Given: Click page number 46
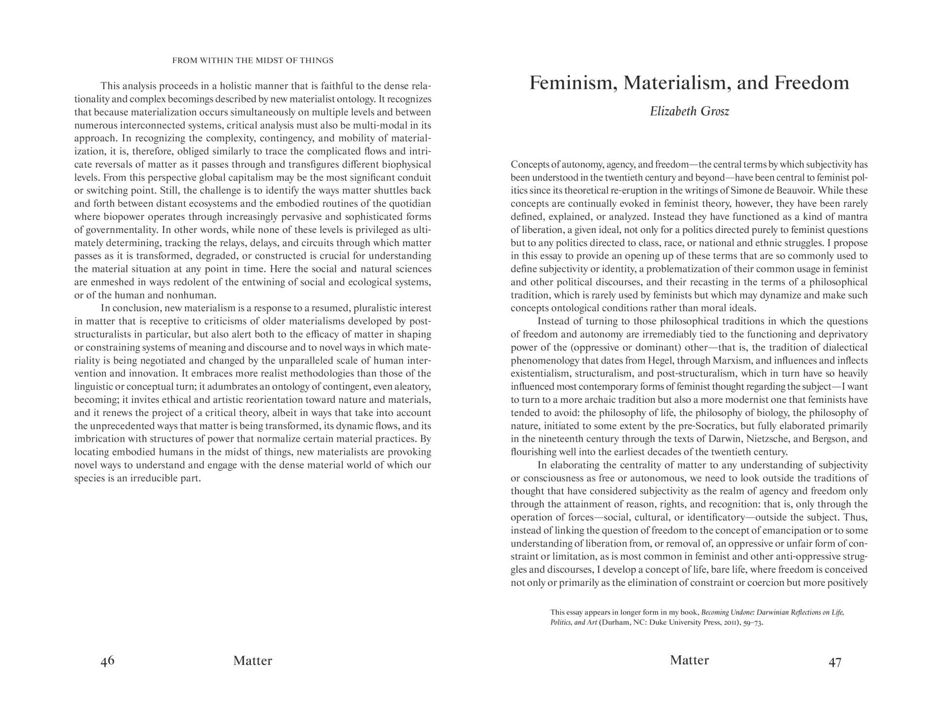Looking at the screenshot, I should point(107,661).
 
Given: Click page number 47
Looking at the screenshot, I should point(834,662).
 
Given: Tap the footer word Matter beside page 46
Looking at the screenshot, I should point(252,661).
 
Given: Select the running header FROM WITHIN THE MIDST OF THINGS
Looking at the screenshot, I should point(253,61).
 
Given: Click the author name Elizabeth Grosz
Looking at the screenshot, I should point(689,112).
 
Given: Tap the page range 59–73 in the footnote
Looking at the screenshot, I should point(750,622).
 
